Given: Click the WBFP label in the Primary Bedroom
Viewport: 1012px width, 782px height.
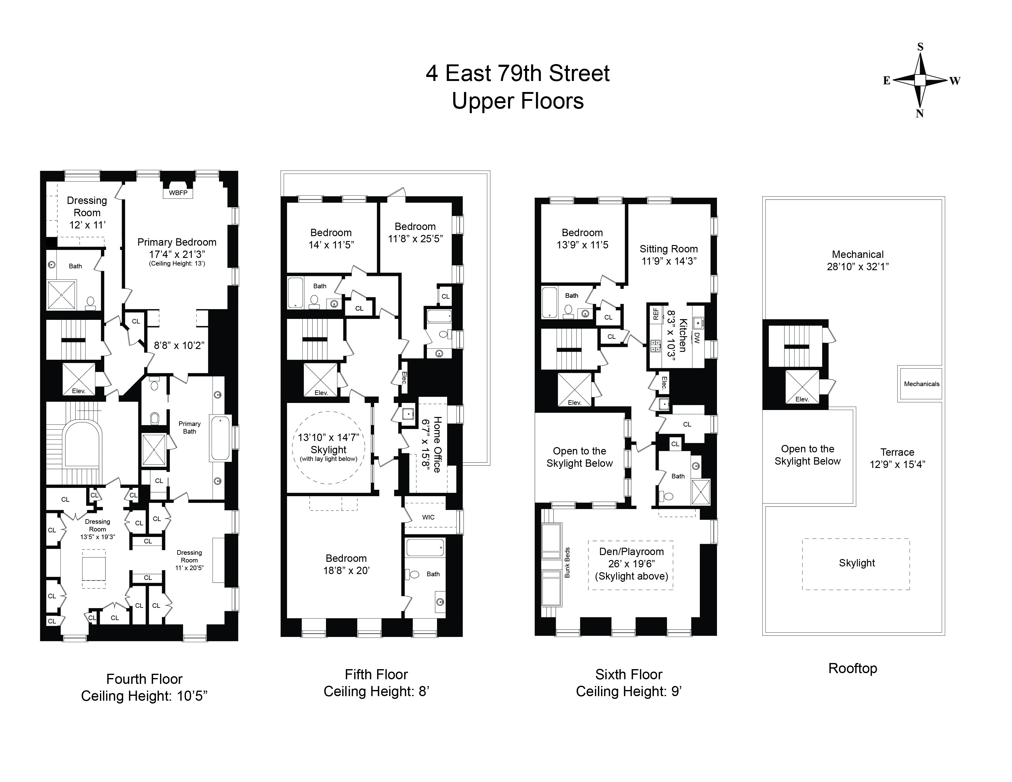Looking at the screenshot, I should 178,193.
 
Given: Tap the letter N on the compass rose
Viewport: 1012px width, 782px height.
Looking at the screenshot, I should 920,114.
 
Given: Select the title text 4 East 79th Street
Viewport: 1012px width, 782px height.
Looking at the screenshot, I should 518,74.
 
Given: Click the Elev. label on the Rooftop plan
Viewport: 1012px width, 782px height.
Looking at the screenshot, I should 802,399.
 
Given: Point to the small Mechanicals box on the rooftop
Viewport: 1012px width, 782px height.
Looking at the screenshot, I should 921,384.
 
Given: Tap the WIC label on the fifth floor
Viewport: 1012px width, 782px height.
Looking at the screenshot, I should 428,517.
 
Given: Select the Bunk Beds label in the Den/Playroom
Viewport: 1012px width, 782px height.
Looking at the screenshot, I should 567,562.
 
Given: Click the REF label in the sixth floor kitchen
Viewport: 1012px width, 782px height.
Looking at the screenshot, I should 656,314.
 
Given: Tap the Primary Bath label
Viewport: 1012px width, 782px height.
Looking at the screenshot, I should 190,427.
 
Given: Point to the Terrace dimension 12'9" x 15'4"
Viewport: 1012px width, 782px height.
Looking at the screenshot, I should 897,465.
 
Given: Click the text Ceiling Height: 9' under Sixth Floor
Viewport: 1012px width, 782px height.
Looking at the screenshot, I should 628,691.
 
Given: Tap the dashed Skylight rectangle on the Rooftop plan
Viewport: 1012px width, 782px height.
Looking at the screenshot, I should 856,563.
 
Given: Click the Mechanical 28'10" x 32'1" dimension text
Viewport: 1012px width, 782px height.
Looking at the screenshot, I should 858,267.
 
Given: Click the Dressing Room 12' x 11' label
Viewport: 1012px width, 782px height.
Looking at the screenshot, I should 87,213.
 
